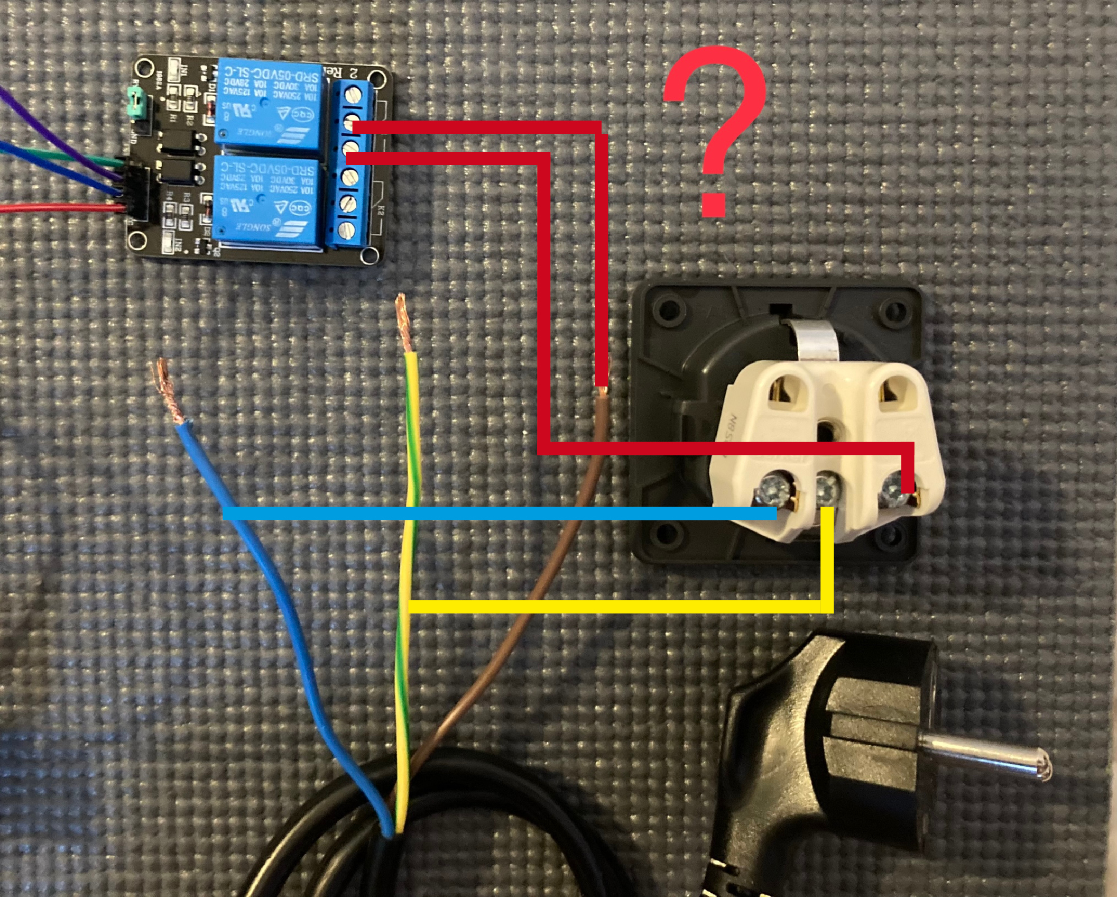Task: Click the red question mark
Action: point(714,132)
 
